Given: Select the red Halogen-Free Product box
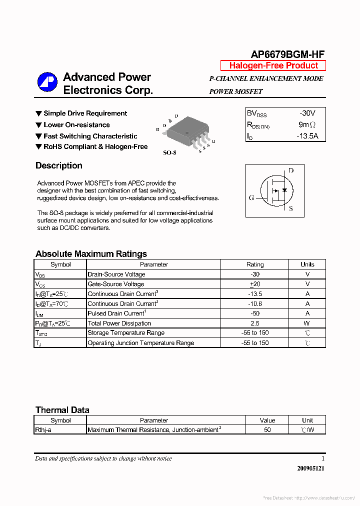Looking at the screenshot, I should (273, 65).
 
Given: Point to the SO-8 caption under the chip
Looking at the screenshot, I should (169, 152).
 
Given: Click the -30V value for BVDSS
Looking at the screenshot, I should (307, 113).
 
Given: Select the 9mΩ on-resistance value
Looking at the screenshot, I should (307, 124).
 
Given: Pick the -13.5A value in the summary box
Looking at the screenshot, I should (307, 135).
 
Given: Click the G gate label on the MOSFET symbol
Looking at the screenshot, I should (251, 197).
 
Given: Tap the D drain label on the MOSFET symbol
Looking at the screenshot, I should (291, 170).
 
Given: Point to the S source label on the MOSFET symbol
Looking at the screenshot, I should (291, 208).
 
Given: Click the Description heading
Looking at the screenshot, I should (59, 165).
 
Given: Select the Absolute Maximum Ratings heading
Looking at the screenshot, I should (91, 253).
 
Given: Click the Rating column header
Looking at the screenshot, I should (255, 264).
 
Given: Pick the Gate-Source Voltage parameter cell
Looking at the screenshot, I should (116, 284).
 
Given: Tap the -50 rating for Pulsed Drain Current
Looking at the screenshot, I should (255, 313).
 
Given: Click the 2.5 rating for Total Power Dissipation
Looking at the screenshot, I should (255, 323).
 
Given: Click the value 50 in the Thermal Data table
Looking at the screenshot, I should (267, 429).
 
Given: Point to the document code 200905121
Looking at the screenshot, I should (310, 468).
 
